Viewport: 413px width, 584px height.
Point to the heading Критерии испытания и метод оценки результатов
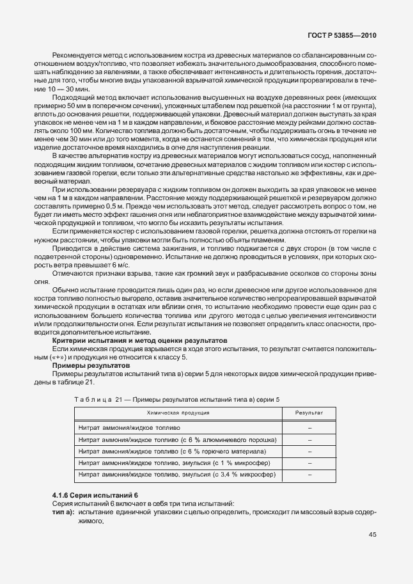pos(139,340)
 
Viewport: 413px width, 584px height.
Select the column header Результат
pos(309,413)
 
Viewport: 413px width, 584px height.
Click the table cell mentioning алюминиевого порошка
pos(176,440)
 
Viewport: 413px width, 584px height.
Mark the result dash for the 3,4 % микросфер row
pos(309,475)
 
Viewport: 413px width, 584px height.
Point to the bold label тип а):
pos(63,513)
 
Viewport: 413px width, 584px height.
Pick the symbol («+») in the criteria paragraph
pos(66,357)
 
